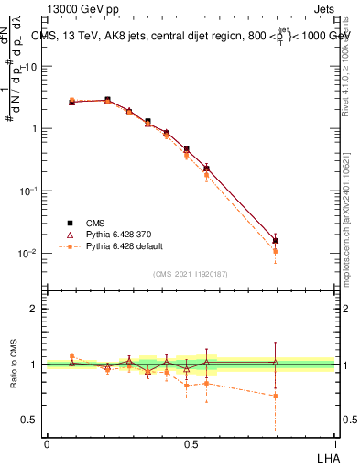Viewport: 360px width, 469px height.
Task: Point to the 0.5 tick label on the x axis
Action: click(x=191, y=443)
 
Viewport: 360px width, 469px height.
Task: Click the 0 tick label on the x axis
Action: click(x=47, y=443)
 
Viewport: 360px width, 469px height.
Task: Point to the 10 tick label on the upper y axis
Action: click(x=31, y=67)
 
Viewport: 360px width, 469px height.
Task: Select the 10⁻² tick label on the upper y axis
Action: click(x=29, y=253)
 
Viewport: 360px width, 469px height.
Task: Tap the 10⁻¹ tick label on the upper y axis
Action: click(x=29, y=191)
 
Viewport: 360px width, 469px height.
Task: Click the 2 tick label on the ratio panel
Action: click(x=36, y=309)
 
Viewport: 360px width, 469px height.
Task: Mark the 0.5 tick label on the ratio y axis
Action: click(x=32, y=420)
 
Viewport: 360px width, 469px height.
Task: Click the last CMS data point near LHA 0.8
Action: click(x=276, y=241)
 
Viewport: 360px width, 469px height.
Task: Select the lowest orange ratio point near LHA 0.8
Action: click(x=276, y=396)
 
